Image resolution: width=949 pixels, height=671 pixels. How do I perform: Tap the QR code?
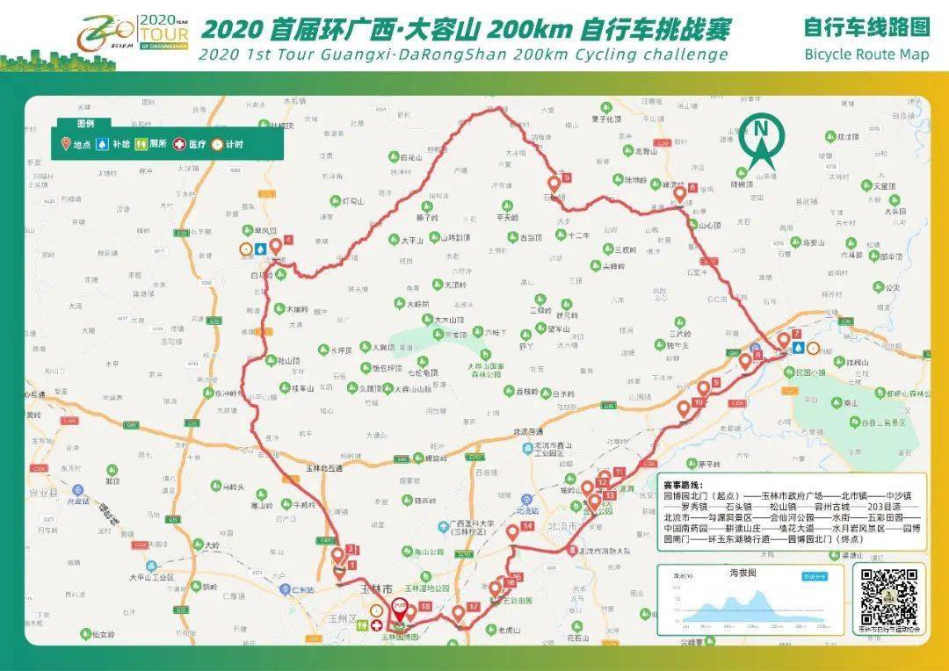[888, 595]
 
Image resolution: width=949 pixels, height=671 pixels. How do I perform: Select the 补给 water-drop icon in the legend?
[102, 144]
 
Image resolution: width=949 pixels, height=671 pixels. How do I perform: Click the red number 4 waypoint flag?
[276, 245]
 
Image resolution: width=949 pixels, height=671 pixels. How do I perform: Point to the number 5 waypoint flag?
[554, 184]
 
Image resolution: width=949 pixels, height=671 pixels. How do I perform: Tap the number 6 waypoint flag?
[680, 193]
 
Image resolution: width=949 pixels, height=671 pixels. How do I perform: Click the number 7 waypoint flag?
[784, 340]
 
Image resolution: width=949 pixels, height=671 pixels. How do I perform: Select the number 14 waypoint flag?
[513, 531]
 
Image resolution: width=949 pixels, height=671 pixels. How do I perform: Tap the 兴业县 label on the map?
[78, 501]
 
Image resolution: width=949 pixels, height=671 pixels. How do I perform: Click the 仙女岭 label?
[103, 634]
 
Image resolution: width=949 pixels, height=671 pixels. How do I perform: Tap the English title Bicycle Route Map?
[866, 54]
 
